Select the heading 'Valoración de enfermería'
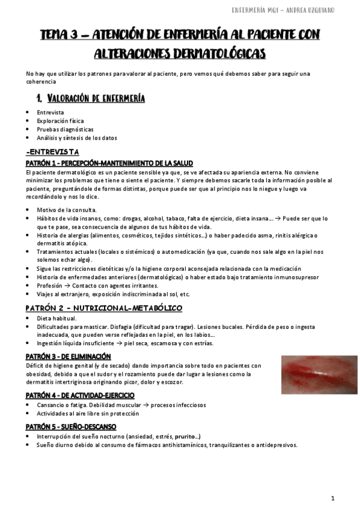coord(96,98)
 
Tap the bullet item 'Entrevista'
coord(50,112)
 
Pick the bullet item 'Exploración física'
coord(60,121)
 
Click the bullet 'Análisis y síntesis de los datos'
coord(76,138)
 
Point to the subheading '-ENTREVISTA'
coord(53,153)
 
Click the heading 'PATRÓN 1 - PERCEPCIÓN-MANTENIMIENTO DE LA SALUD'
coord(109,163)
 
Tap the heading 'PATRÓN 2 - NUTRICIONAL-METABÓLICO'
coord(104,308)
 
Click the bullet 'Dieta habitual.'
coord(56,318)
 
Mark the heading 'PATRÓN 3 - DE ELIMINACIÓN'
coord(68,356)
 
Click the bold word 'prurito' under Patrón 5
coord(185,436)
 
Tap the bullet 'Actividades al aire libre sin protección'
coord(88,413)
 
